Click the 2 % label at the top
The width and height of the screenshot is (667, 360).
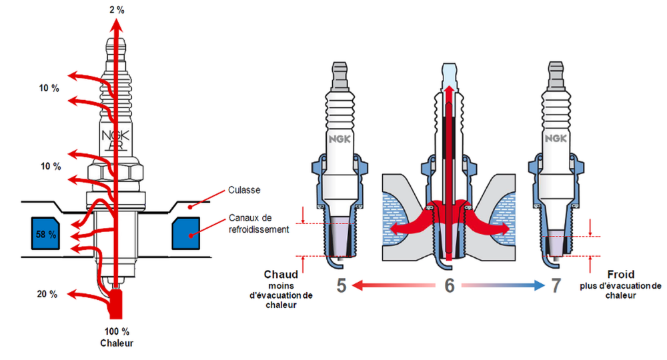[x=117, y=10]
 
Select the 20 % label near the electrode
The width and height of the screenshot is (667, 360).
[x=46, y=294]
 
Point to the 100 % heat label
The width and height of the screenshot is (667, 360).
[x=117, y=332]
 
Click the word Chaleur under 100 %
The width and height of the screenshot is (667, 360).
[x=117, y=343]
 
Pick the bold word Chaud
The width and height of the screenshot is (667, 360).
[x=281, y=275]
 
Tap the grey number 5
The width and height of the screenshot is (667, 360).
[x=341, y=286]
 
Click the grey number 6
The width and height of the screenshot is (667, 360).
[x=449, y=286]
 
